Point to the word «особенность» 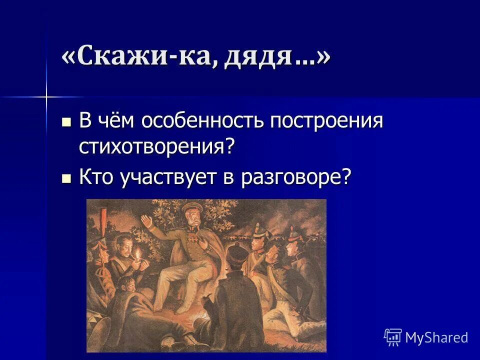pyautogui.click(x=203, y=121)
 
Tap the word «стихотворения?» pyautogui.click(x=156, y=146)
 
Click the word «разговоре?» pyautogui.click(x=296, y=178)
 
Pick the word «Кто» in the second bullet pyautogui.click(x=97, y=178)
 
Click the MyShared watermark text pyautogui.click(x=436, y=337)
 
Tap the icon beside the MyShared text pyautogui.click(x=393, y=337)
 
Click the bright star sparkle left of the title pyautogui.click(x=46, y=96)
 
